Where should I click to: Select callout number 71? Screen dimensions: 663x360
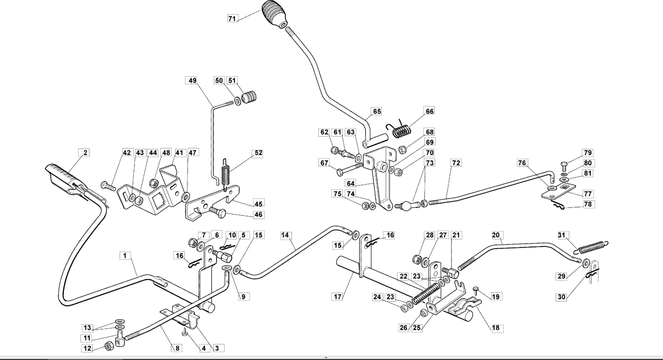[233, 19]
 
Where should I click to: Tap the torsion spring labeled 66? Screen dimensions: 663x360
[399, 129]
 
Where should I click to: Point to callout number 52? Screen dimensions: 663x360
[259, 153]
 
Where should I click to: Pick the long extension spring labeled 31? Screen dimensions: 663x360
[591, 247]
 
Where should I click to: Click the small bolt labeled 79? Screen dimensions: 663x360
[564, 166]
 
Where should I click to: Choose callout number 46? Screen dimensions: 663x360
[259, 214]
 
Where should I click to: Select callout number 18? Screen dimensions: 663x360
[496, 327]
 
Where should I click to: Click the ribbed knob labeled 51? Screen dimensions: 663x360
[249, 97]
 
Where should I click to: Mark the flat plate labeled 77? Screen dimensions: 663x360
[558, 191]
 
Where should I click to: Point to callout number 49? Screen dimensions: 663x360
[193, 80]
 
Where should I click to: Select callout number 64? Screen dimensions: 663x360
[351, 183]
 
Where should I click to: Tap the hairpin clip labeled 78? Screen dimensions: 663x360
[557, 205]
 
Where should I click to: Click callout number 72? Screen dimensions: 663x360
[456, 163]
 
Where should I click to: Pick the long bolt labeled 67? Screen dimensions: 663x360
[349, 168]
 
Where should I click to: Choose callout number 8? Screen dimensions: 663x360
[177, 348]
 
